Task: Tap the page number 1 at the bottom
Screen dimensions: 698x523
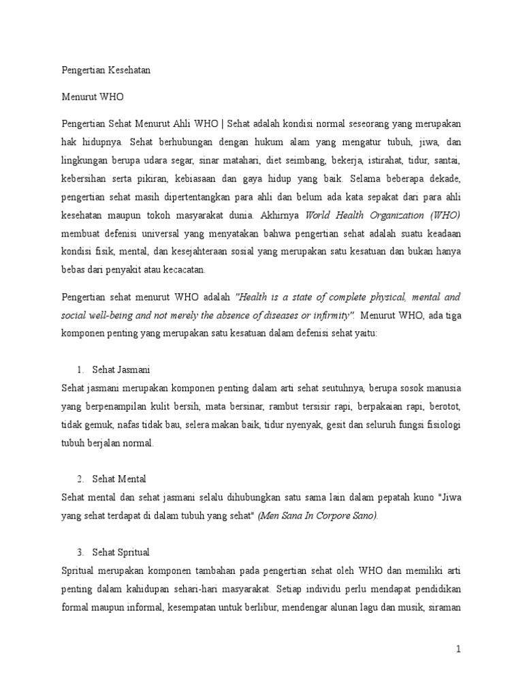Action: point(459,650)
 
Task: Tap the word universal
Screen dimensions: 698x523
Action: point(155,234)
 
